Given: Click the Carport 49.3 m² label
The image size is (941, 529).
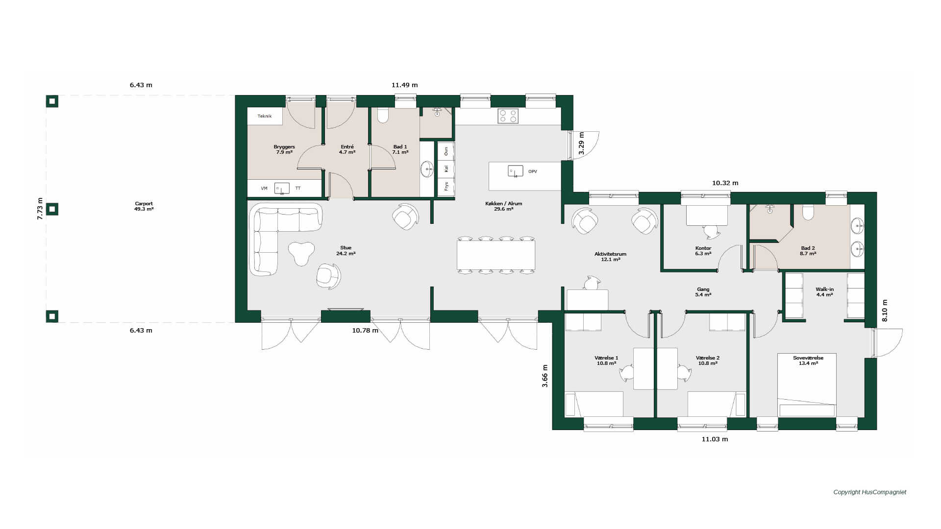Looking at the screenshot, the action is click(x=144, y=206).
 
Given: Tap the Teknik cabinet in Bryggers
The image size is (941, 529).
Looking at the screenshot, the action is click(x=265, y=116).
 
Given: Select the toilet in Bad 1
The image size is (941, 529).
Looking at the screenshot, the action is click(x=383, y=115).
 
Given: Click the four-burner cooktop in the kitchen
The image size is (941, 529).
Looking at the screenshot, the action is click(x=508, y=116).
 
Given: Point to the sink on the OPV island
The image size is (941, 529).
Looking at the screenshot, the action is click(x=515, y=171).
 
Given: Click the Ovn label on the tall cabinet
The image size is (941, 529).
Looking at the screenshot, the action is click(x=446, y=151).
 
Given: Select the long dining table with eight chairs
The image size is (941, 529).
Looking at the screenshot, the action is click(x=496, y=255).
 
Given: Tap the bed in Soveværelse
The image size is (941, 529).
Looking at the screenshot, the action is click(x=807, y=385).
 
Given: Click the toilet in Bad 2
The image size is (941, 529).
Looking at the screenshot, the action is click(x=808, y=212).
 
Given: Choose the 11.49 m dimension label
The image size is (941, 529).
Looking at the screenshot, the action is click(x=404, y=85).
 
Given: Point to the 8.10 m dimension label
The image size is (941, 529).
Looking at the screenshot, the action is click(x=885, y=311).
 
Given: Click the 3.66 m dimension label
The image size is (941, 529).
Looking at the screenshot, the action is click(x=545, y=376).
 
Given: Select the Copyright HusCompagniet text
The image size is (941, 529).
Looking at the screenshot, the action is click(x=870, y=492).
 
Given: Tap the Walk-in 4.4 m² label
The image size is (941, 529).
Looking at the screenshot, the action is click(x=824, y=292).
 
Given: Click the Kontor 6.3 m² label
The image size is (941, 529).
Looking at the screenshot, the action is click(x=703, y=251).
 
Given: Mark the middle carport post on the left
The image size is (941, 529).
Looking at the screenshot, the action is click(x=52, y=209).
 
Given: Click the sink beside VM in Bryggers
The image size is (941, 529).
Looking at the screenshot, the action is click(x=282, y=189).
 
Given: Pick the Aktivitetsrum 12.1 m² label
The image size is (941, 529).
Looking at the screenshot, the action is click(x=610, y=257).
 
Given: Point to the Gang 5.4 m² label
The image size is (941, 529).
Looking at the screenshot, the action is click(x=703, y=292).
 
